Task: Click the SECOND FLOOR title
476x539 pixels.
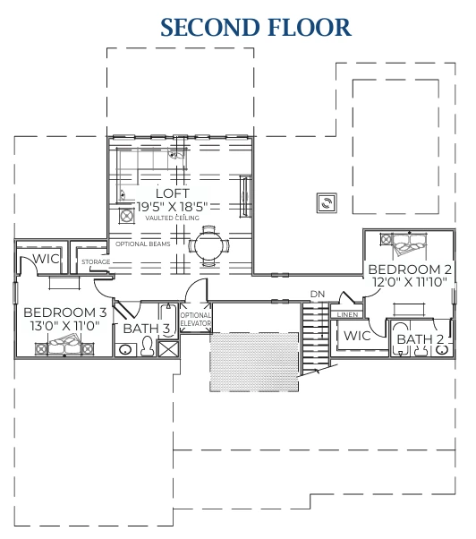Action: tap(256, 26)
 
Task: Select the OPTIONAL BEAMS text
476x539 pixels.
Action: tap(143, 243)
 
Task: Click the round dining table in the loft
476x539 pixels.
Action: tap(208, 244)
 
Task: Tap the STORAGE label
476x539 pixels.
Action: tap(96, 262)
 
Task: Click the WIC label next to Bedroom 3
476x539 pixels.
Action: tap(46, 258)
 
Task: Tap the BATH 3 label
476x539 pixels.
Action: tap(147, 329)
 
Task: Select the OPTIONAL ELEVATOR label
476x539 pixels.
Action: tap(195, 320)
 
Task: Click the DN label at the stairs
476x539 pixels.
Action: tap(317, 293)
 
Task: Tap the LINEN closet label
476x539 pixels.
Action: tap(347, 315)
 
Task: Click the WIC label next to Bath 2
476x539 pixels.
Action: tap(357, 336)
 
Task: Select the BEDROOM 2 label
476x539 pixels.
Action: tap(410, 269)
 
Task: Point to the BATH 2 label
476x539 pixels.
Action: tap(421, 339)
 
